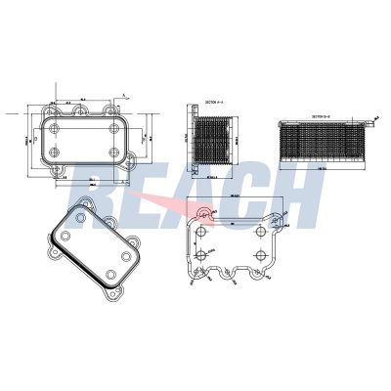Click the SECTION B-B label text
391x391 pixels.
322,114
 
